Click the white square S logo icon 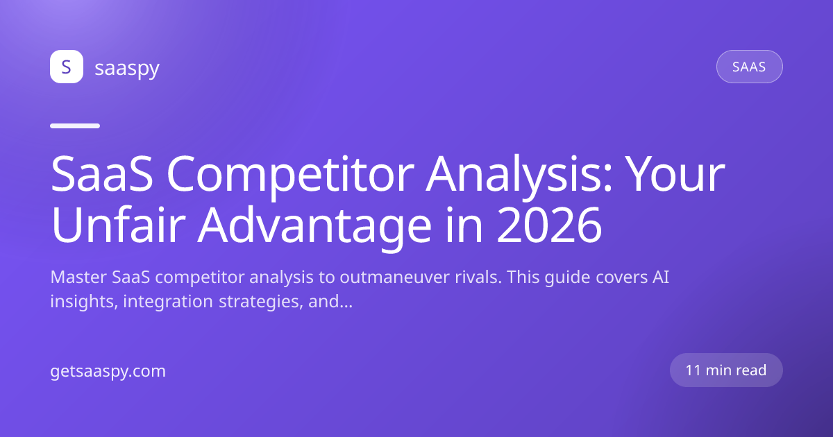point(67,67)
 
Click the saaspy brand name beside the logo point(127,69)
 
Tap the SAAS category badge point(749,67)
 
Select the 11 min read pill point(726,370)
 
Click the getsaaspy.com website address point(108,372)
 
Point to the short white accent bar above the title point(75,126)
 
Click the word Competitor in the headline point(290,175)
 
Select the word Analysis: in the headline point(519,175)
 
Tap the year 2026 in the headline point(549,225)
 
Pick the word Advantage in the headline point(314,227)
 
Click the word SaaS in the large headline point(101,174)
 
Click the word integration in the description point(168,302)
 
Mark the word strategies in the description point(261,302)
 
